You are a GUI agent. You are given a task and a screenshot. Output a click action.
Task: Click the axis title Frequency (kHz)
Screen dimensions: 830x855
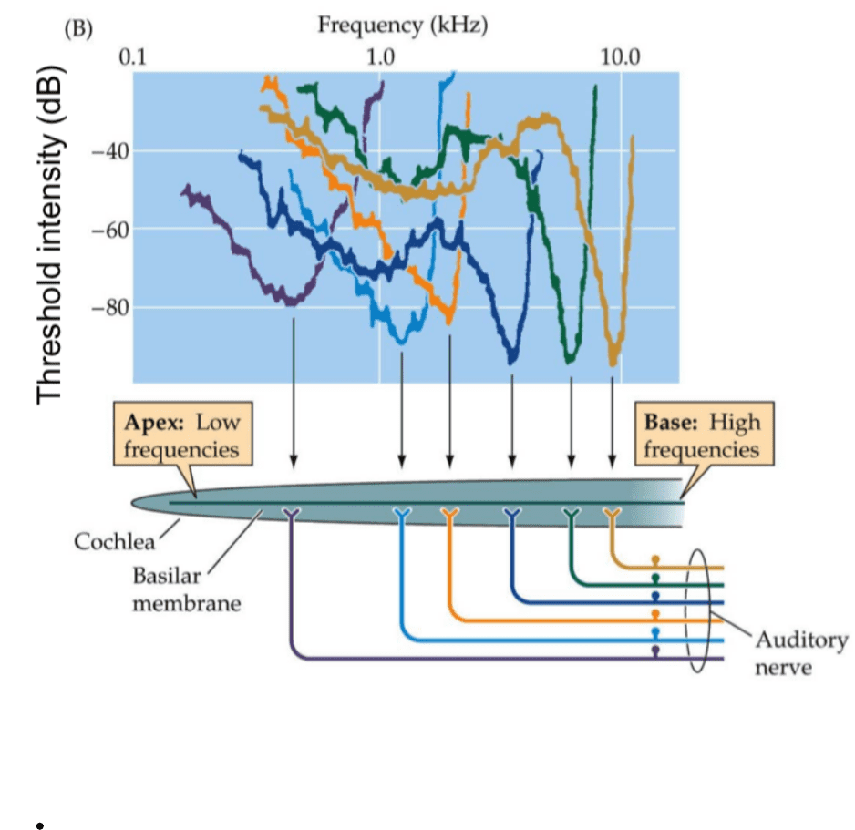pos(402,26)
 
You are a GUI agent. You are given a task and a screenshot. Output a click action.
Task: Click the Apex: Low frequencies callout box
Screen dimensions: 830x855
pos(180,436)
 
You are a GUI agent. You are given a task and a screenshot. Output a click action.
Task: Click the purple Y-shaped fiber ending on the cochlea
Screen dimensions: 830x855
pos(292,516)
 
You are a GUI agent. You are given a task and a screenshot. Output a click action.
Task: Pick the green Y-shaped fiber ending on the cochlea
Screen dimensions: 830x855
pos(571,516)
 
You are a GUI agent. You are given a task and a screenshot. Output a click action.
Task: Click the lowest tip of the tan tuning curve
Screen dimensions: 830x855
pos(613,361)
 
